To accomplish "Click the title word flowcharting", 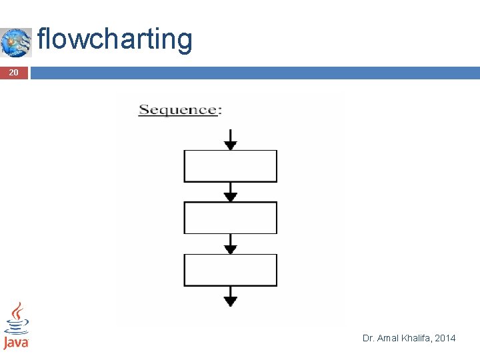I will pos(115,39).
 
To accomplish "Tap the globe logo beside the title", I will pos(16,43).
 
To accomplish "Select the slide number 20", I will pos(13,73).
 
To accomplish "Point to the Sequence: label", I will pos(179,110).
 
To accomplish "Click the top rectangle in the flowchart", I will pos(230,166).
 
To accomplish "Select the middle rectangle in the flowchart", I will pos(230,218).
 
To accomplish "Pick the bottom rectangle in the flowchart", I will pos(230,270).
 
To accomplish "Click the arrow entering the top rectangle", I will pos(230,140).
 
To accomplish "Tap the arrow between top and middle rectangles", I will pos(230,192).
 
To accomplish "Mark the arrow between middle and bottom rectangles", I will pos(230,244).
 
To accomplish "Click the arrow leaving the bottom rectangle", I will pos(230,296).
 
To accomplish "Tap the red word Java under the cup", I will pos(16,343).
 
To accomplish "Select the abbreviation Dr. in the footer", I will pos(368,339).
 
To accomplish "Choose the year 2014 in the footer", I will pos(445,339).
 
